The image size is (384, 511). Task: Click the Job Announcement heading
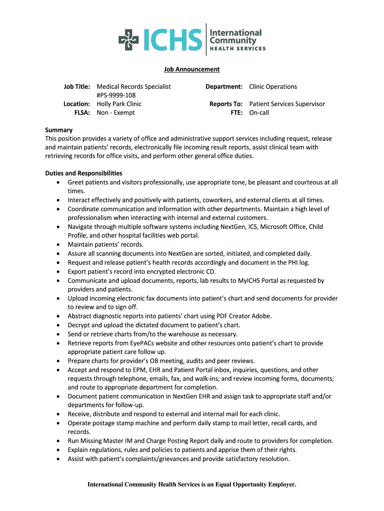click(x=192, y=69)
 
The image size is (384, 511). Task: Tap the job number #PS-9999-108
click(x=116, y=95)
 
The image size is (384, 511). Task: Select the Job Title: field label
click(x=77, y=87)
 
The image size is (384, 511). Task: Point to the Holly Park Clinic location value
click(x=119, y=104)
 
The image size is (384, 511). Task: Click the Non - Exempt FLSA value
click(x=116, y=113)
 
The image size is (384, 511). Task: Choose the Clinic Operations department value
click(x=273, y=87)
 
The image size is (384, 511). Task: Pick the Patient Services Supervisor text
click(x=287, y=104)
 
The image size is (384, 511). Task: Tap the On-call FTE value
click(x=259, y=113)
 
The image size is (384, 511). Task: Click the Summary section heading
click(x=59, y=130)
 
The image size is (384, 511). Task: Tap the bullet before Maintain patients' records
click(x=58, y=245)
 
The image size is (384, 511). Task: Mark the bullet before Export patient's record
click(x=58, y=272)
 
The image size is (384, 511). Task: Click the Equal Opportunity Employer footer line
click(x=192, y=485)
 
